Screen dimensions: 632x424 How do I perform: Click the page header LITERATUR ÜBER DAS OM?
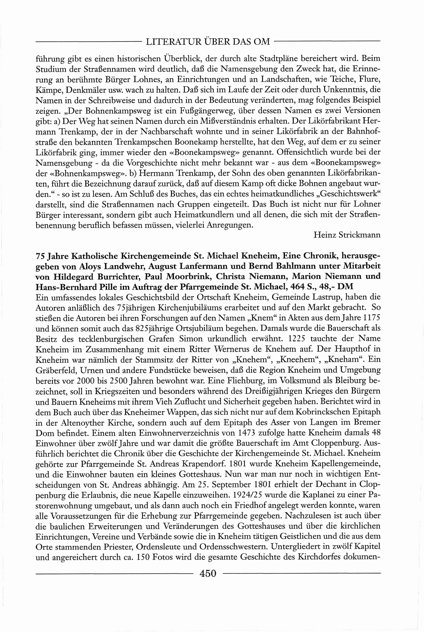coord(208,42)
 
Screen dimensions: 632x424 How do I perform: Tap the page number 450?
coord(208,573)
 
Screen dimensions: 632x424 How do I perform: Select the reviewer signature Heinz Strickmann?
coord(347,235)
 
